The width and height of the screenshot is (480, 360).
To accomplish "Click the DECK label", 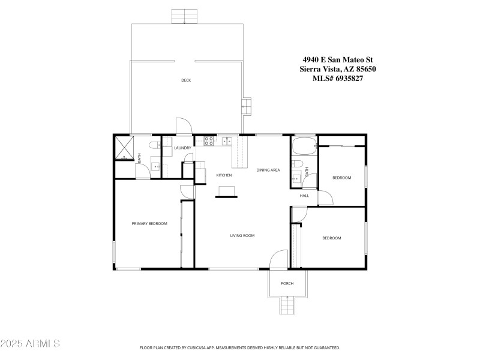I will [186, 80].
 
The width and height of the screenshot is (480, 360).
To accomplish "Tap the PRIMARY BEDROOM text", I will [149, 223].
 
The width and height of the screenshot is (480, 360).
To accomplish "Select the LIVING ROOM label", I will [242, 236].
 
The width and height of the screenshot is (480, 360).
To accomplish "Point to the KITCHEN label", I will [224, 175].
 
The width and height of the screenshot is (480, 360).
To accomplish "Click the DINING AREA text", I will [268, 170].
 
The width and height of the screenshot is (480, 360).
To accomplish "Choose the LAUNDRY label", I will [182, 148].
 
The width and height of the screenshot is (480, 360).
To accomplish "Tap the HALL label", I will [304, 195].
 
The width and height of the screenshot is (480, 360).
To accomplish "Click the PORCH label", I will [287, 283].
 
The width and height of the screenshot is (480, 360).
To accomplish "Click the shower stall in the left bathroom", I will [124, 148].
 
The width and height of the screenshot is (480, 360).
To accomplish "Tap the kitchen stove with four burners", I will [209, 142].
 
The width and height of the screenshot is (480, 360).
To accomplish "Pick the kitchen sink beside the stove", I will [226, 142].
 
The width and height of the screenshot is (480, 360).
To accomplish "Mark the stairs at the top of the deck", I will [184, 16].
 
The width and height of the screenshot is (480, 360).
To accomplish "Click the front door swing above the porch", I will [279, 260].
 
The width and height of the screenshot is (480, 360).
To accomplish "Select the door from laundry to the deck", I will [184, 126].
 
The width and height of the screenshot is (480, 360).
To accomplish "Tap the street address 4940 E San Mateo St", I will [337, 59].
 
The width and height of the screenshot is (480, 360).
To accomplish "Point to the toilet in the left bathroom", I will [154, 144].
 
